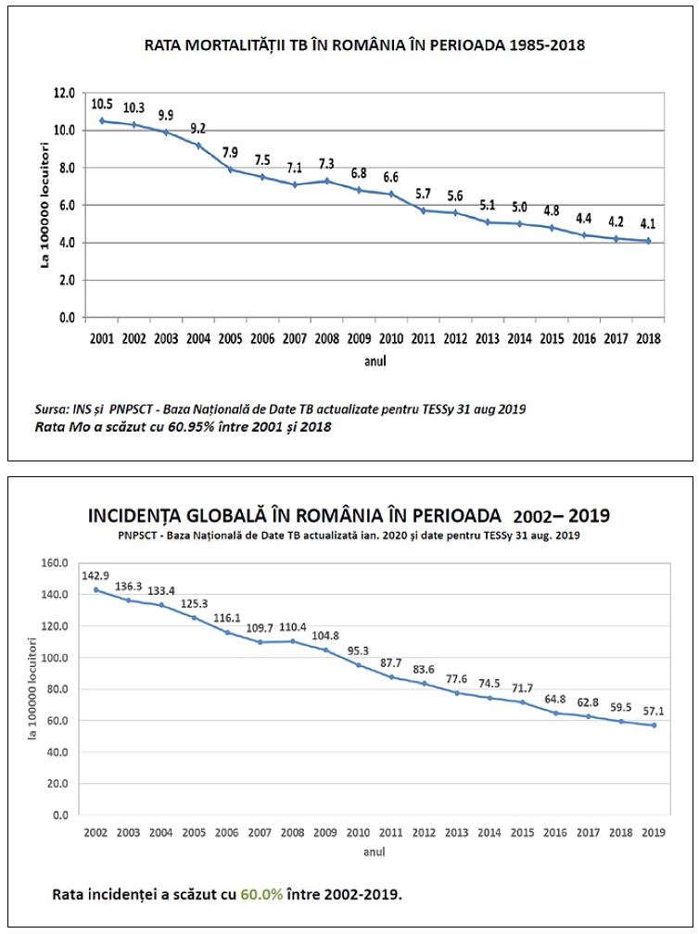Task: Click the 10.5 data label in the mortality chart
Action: click(x=102, y=105)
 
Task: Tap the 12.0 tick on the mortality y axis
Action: click(x=64, y=93)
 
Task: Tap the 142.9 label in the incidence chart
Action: click(x=96, y=575)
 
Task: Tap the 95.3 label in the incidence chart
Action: click(x=358, y=650)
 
